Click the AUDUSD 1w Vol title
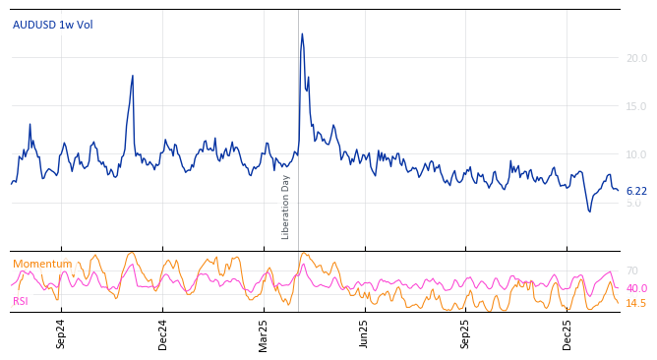point(53,25)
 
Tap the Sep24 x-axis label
point(61,333)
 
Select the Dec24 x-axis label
point(163,333)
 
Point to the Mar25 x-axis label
point(264,333)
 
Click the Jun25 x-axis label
point(364,333)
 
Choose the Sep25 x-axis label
point(465,333)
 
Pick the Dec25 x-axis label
point(567,333)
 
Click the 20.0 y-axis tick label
point(636,58)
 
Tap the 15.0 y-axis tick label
point(636,106)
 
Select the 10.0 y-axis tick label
point(636,154)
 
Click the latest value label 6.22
point(636,191)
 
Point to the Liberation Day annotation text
point(286,207)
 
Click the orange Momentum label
point(42,264)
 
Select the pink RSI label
point(21,301)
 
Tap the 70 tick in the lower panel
point(631,270)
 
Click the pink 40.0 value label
point(636,288)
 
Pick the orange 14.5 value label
point(636,303)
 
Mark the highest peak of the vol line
point(302,34)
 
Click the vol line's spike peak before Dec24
point(133,76)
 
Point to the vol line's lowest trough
point(590,211)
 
